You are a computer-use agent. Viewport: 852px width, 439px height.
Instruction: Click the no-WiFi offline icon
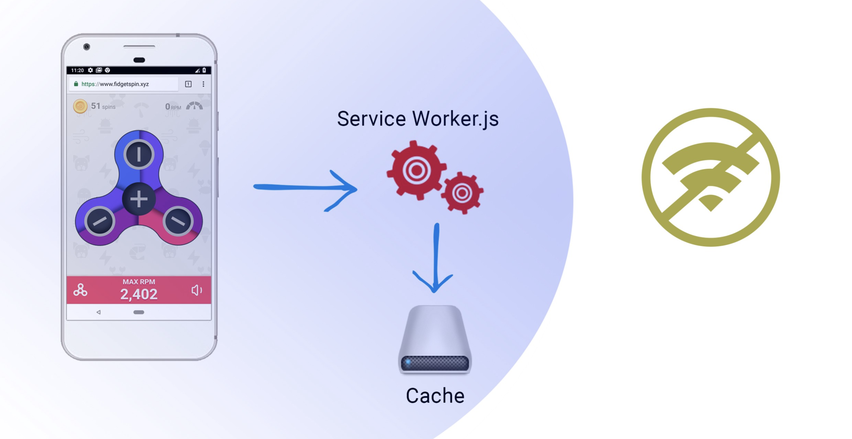point(710,177)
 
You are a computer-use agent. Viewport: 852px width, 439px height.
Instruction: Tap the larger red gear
point(416,170)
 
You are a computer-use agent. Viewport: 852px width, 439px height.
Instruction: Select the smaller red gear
point(462,193)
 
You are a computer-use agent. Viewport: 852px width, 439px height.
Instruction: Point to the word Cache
point(435,396)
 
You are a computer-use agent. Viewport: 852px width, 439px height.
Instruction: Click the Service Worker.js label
point(418,119)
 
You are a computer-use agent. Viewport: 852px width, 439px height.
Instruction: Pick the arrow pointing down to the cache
point(435,259)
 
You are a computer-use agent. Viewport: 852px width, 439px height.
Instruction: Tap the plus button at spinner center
point(139,199)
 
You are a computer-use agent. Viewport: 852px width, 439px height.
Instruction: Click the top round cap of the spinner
point(139,155)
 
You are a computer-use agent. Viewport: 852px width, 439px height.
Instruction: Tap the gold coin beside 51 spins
point(80,106)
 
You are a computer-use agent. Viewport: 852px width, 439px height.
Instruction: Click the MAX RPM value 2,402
point(139,294)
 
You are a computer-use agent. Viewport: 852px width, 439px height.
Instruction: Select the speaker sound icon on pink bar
point(197,290)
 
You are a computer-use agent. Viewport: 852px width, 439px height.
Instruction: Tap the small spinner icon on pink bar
point(80,290)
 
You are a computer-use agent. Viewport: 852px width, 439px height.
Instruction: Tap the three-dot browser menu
point(203,84)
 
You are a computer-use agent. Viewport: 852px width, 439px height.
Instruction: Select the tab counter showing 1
point(188,84)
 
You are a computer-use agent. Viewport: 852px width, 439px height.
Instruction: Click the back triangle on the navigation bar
point(98,312)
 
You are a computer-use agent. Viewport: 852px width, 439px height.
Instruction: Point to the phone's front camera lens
point(87,47)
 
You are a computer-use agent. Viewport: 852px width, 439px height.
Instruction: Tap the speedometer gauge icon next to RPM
point(194,106)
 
